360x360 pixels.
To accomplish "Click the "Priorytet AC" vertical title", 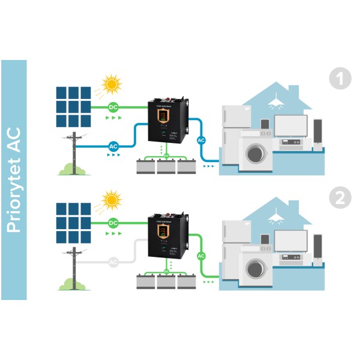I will [13, 180].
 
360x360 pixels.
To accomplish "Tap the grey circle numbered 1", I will [340, 79].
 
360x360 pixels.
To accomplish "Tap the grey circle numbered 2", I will [340, 198].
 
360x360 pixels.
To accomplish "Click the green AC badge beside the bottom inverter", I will [202, 256].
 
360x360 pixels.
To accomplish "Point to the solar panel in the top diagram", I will [74, 107].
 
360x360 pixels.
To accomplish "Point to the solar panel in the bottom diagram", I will [74, 223].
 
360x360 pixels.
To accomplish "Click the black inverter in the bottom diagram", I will [167, 238].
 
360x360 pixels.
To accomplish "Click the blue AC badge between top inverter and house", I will [202, 140].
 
